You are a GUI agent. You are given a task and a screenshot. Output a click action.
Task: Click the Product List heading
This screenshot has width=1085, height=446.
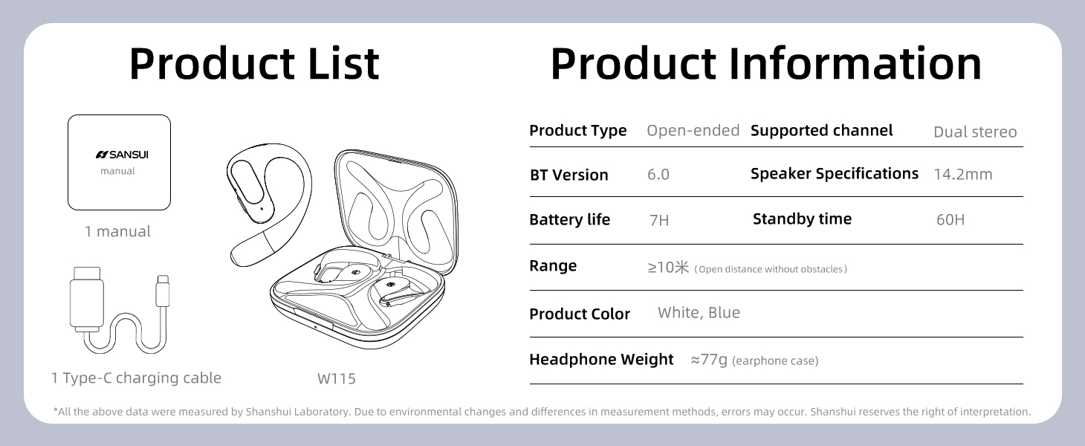(x=254, y=63)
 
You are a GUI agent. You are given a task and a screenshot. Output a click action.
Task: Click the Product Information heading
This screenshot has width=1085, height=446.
(x=765, y=63)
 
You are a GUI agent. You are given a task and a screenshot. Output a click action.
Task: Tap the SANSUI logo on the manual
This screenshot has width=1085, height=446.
(x=122, y=155)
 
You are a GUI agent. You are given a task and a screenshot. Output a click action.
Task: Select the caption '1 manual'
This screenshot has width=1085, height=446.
(x=117, y=231)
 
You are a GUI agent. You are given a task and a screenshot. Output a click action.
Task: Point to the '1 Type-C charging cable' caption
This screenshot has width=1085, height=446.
(x=136, y=378)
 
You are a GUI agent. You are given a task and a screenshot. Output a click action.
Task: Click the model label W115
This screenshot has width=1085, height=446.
(x=337, y=378)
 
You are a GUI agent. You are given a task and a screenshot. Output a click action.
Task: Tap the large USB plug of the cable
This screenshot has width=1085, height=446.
(x=87, y=299)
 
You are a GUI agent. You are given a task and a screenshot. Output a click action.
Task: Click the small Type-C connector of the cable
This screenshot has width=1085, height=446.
(x=163, y=291)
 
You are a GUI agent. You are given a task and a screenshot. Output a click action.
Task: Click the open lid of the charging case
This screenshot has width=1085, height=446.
(x=396, y=208)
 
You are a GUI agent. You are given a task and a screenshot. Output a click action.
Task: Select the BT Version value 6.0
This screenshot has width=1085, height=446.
(x=658, y=175)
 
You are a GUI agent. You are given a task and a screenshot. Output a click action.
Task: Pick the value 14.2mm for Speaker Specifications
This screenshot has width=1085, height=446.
(x=963, y=175)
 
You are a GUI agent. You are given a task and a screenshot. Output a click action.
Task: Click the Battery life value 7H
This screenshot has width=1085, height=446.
(x=658, y=220)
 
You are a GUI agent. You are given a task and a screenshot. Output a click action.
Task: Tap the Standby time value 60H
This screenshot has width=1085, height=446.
(x=950, y=220)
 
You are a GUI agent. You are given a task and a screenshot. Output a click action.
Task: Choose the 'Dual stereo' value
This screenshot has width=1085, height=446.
(x=975, y=132)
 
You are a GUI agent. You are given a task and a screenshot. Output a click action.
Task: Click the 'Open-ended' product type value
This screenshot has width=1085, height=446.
(x=693, y=130)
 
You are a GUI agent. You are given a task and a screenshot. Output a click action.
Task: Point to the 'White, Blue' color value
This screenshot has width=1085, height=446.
(x=699, y=313)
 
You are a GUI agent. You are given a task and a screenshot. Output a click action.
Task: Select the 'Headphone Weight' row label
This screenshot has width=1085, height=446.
(x=601, y=359)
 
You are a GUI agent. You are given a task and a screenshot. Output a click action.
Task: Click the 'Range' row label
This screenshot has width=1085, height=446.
(x=553, y=266)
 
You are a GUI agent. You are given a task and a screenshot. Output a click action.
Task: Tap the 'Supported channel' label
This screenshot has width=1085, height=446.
(x=821, y=130)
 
